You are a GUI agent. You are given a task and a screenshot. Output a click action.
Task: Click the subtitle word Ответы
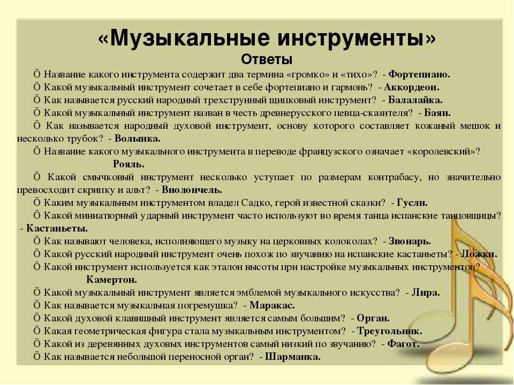click(x=267, y=59)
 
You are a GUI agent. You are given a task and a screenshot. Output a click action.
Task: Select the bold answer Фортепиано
click(x=419, y=74)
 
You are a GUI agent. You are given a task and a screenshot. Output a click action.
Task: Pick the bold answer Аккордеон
click(x=411, y=87)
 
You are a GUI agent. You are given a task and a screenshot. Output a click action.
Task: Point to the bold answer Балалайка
click(x=415, y=100)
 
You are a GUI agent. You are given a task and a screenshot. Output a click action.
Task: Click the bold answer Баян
click(x=437, y=113)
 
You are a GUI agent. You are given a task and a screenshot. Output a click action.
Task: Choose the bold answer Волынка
click(x=138, y=138)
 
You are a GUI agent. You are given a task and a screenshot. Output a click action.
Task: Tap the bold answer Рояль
click(x=129, y=164)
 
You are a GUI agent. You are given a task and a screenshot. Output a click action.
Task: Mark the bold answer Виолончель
click(x=192, y=189)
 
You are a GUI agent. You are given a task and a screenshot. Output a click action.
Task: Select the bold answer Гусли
click(x=412, y=203)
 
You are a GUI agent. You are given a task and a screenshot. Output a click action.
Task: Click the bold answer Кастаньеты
click(x=57, y=228)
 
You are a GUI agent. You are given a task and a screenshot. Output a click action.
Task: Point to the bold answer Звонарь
click(x=410, y=241)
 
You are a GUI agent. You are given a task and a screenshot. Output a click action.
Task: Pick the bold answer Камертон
click(x=111, y=280)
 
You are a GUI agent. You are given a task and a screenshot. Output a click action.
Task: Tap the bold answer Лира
click(x=426, y=292)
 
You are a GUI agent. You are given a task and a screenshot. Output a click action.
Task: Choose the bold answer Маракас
click(x=272, y=305)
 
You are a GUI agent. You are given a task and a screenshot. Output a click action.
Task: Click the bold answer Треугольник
click(x=389, y=331)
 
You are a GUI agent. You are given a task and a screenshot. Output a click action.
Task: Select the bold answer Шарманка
click(x=293, y=357)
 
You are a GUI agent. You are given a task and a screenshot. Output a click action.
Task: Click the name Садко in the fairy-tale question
click(x=254, y=203)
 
